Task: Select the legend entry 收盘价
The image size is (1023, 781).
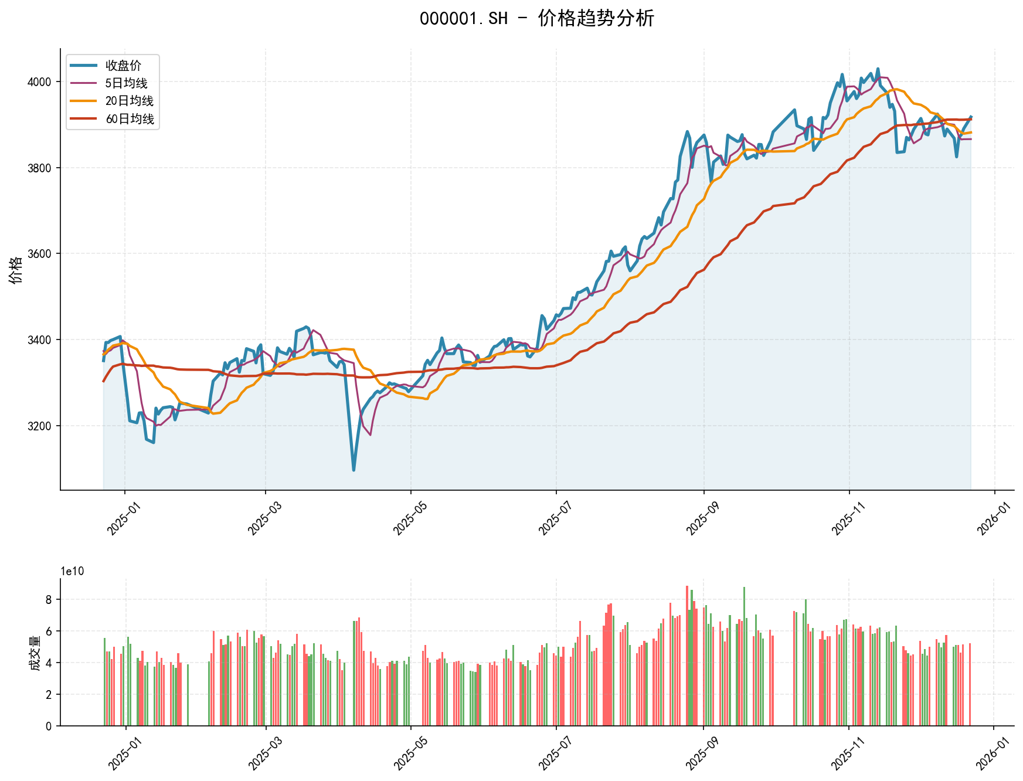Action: tap(123, 66)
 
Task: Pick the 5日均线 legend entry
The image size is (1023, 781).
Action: tap(126, 83)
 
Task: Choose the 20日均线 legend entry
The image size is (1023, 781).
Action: tap(129, 101)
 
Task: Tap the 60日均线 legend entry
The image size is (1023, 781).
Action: tap(130, 119)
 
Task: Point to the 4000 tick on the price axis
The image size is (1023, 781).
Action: tap(39, 82)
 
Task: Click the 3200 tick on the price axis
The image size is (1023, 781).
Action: tap(39, 426)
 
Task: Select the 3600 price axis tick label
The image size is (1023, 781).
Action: tap(39, 254)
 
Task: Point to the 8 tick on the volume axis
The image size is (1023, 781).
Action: tap(49, 599)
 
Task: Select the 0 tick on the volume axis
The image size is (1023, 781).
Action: tap(49, 726)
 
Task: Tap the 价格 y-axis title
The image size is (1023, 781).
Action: tap(16, 270)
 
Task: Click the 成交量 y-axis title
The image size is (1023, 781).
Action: tap(35, 653)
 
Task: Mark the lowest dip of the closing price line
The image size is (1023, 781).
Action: tap(354, 470)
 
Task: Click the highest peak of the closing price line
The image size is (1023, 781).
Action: tap(878, 69)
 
